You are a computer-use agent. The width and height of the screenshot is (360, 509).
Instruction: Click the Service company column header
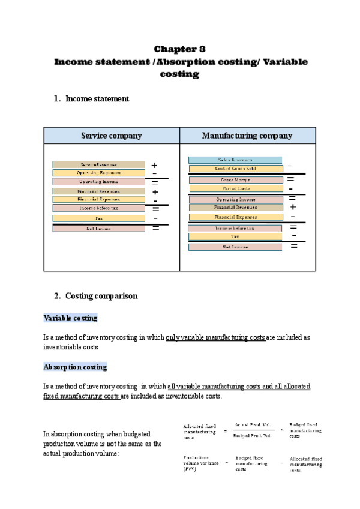[112, 136]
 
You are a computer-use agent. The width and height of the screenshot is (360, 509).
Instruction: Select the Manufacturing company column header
[247, 136]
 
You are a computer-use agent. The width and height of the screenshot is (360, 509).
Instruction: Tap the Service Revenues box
[98, 164]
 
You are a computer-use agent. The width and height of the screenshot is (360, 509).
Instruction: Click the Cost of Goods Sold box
[235, 169]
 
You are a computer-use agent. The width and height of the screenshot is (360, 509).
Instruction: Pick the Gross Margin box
[235, 180]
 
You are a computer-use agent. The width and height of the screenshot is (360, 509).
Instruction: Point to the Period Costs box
[235, 188]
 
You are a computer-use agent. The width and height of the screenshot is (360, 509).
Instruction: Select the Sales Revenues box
[235, 160]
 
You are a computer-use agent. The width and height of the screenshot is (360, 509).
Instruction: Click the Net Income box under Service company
[98, 229]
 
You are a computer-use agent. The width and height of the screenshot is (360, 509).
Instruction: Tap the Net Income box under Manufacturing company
[235, 247]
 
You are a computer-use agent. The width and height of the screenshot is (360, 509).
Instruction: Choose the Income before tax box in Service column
[98, 208]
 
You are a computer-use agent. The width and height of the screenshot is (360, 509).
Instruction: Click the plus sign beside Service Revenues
[154, 165]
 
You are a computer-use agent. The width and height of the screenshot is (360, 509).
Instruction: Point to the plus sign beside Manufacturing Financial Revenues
[293, 208]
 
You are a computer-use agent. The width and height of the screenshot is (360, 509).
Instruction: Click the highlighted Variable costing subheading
[70, 318]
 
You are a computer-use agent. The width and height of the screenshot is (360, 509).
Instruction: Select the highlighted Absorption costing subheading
[75, 366]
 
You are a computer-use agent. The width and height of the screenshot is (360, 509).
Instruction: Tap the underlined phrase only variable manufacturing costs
[215, 337]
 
